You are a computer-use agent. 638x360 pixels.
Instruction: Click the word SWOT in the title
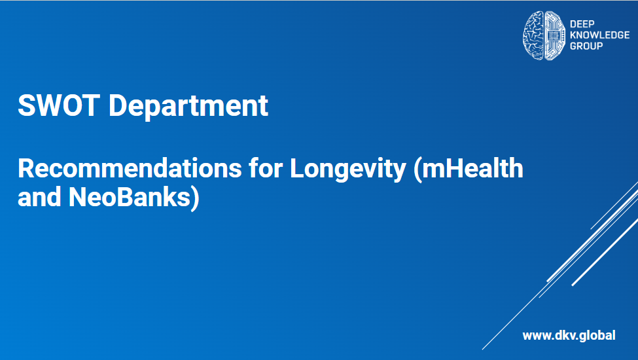pos(59,105)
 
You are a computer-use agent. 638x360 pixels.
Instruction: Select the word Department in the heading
pos(188,107)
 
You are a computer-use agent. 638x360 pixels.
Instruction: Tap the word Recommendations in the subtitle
pos(130,168)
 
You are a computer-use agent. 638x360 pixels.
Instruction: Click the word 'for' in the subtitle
pos(266,168)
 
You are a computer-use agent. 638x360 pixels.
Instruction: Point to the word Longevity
pos(348,170)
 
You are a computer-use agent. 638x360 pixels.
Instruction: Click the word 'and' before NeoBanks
pos(39,197)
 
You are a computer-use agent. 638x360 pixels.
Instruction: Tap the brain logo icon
pos(544,35)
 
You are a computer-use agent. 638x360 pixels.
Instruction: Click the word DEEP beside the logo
pos(582,24)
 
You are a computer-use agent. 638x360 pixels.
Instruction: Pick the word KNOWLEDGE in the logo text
pos(600,35)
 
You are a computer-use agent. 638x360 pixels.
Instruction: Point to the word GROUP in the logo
pos(586,46)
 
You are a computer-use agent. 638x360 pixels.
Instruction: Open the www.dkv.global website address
pos(569,336)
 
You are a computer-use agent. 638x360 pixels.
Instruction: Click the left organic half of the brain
pos(533,35)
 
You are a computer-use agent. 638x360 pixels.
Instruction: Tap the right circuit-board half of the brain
pos(555,35)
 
